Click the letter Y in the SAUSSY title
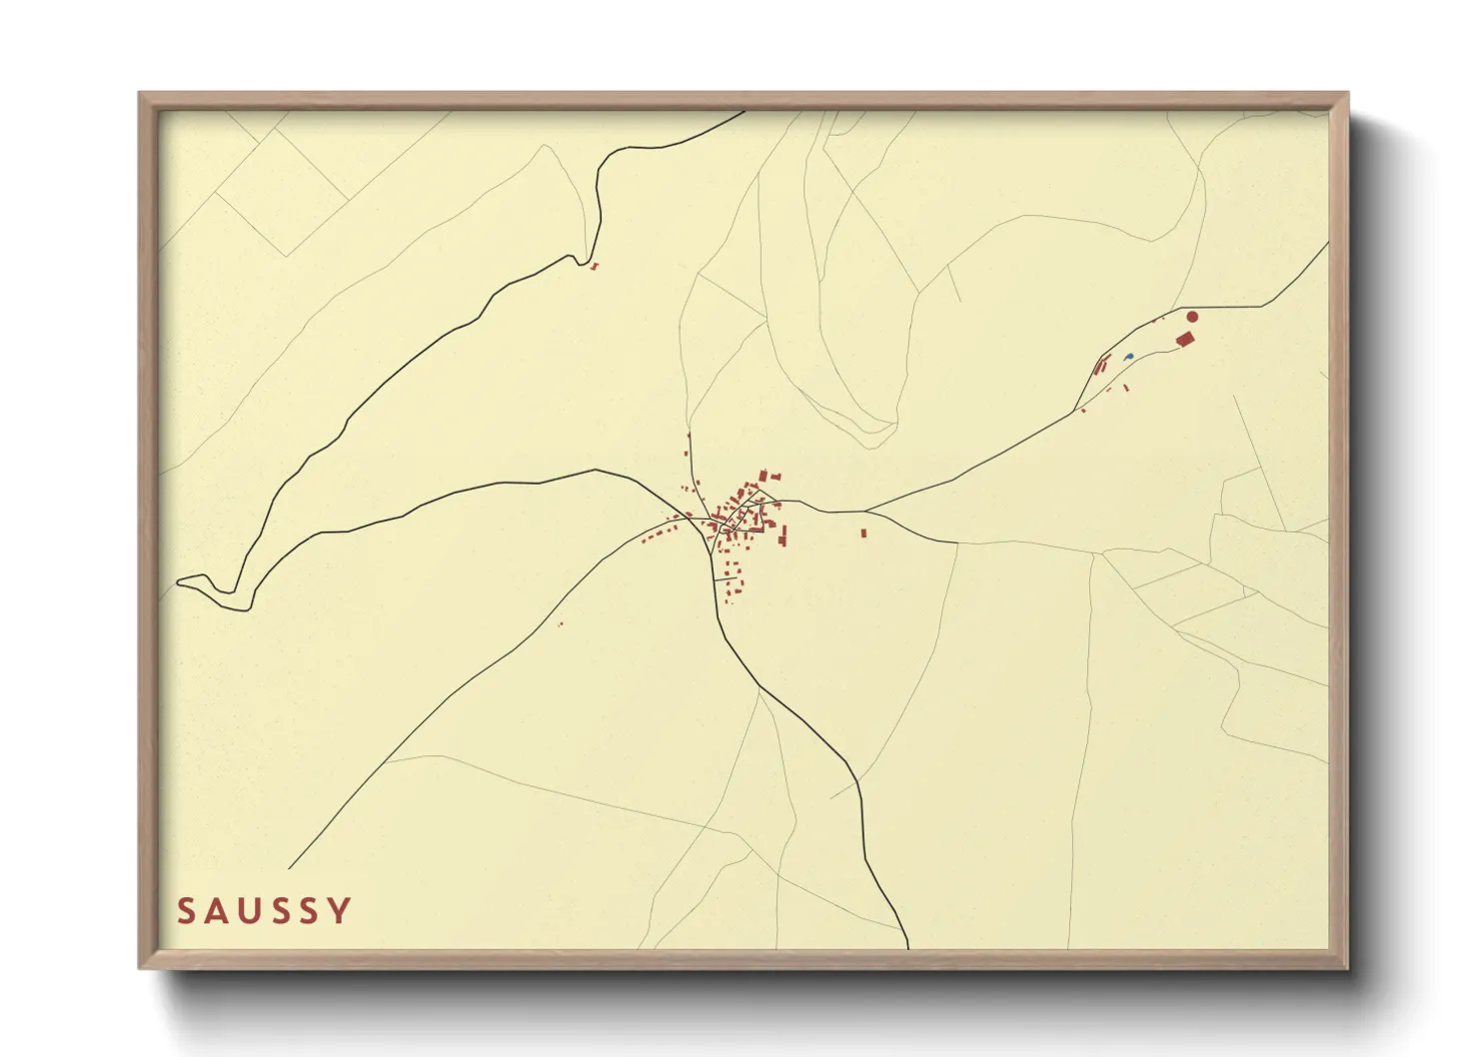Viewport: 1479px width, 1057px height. click(x=341, y=911)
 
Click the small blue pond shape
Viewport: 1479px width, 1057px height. click(x=1128, y=356)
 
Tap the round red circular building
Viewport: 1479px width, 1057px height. click(x=1191, y=317)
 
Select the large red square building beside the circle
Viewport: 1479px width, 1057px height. click(x=1186, y=339)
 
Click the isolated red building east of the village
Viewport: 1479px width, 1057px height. click(x=863, y=532)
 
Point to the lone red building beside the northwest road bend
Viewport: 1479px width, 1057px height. click(x=595, y=266)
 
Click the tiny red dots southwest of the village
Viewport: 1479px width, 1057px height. click(x=560, y=624)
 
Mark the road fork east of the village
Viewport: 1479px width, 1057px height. click(x=865, y=512)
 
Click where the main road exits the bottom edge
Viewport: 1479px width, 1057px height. click(x=907, y=945)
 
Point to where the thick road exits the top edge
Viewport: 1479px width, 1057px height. click(x=743, y=112)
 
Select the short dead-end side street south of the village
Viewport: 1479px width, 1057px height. click(x=726, y=578)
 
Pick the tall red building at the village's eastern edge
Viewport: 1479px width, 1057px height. click(x=782, y=537)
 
